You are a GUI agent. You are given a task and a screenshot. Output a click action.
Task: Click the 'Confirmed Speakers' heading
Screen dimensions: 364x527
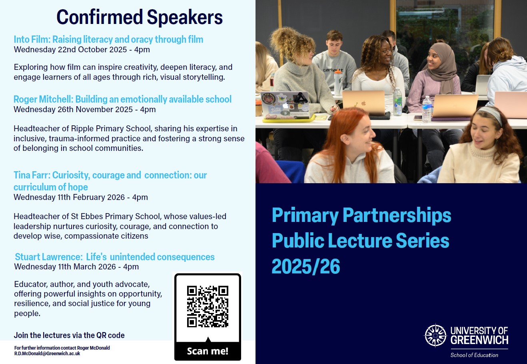click(x=139, y=18)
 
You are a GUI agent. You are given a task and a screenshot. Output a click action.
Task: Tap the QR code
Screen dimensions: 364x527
click(x=208, y=306)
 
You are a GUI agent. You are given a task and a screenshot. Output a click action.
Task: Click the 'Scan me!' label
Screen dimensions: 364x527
click(x=208, y=351)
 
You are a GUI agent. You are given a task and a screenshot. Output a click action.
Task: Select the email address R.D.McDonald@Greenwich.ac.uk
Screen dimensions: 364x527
click(x=47, y=354)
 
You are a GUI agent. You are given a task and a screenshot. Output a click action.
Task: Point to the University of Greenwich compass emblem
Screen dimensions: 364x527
click(x=435, y=335)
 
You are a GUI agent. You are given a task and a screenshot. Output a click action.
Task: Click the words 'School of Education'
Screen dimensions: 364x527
click(x=474, y=355)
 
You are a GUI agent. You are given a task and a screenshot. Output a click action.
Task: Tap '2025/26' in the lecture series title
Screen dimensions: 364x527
click(x=306, y=266)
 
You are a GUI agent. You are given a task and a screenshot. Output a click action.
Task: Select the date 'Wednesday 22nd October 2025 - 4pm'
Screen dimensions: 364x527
click(x=82, y=50)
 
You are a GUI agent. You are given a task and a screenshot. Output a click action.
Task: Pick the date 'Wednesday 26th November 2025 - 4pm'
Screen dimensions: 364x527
click(x=84, y=109)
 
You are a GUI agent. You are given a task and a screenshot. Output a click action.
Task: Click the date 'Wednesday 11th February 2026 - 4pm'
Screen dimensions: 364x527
click(x=80, y=197)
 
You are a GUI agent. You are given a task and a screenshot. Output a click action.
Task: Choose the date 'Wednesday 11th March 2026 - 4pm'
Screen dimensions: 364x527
click(x=76, y=267)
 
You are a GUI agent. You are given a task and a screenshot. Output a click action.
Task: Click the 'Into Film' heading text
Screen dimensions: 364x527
click(x=31, y=40)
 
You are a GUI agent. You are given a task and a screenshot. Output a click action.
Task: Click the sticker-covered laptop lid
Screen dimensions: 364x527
click(x=285, y=105)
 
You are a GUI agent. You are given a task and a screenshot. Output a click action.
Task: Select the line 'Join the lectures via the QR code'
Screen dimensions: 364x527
click(x=69, y=335)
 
